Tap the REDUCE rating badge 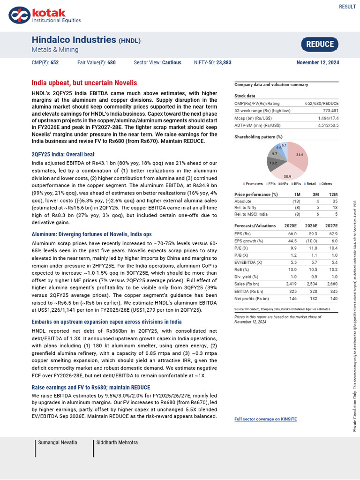pos(320,45)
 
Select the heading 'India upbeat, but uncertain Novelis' pos(84,82)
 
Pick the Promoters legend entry pos(254,183)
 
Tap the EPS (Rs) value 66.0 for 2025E pos(292,233)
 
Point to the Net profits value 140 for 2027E pos(334,298)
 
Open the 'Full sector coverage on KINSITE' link pos(265,419)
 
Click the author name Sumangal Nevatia pos(58,442)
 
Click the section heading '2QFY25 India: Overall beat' pos(63,154)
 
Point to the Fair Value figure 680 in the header pos(111,62)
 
